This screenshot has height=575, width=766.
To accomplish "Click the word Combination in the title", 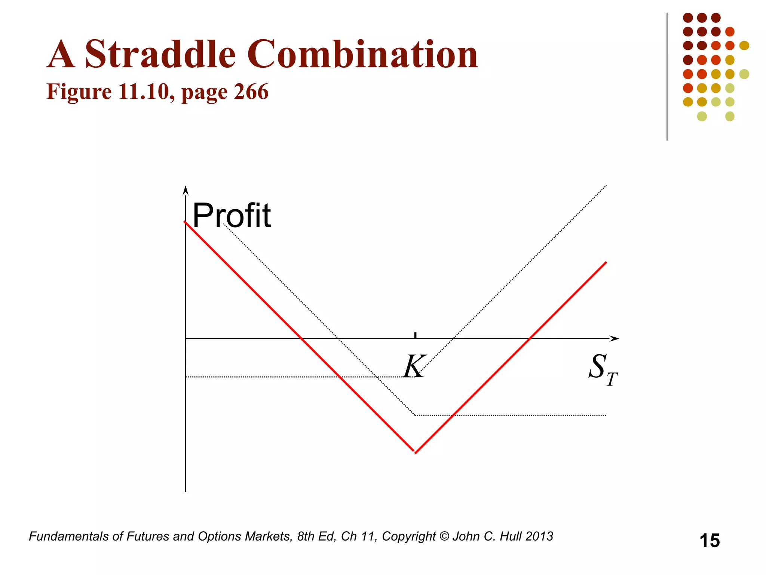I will pos(362,55).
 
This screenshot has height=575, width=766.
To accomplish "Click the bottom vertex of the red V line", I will pos(415,453).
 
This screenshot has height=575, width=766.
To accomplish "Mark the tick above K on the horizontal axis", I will pos(415,335).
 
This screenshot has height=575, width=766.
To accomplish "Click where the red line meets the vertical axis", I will pos(186,222).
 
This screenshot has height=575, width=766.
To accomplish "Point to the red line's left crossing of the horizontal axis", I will pos(301,339).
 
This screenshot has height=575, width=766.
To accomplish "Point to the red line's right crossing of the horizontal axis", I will pos(530,339).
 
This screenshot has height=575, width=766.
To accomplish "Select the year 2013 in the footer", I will pos(539,536).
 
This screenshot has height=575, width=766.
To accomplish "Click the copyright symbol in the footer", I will pos(444,536).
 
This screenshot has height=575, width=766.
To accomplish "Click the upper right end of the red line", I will pos(606,262).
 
